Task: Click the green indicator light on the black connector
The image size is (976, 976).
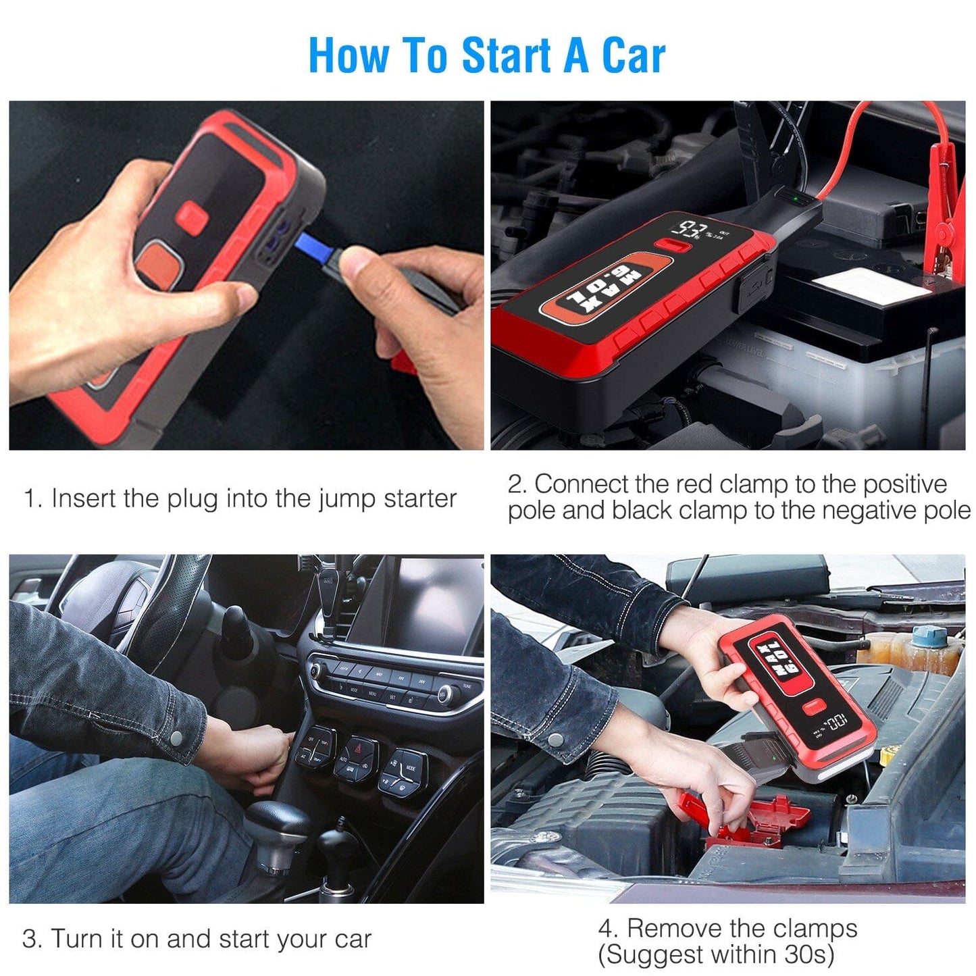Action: tap(797, 199)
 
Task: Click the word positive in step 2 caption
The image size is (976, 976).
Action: tap(905, 484)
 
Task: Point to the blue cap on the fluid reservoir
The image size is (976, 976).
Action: tap(929, 636)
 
